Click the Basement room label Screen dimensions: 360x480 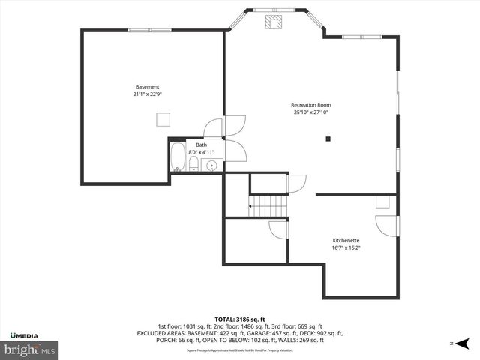(147, 87)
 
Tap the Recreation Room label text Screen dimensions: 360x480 (311, 105)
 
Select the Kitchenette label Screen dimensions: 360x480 (346, 240)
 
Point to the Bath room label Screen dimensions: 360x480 (202, 145)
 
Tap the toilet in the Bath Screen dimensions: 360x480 (193, 164)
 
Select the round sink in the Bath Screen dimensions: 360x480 (211, 166)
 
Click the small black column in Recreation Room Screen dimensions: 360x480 (328, 139)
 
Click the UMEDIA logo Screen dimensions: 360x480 (26, 334)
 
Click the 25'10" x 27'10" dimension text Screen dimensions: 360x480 (311, 112)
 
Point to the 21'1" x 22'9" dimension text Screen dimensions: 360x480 (147, 94)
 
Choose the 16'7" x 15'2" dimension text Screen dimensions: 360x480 (346, 247)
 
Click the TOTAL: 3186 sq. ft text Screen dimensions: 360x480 (239, 319)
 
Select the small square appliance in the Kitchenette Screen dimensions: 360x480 (382, 202)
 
